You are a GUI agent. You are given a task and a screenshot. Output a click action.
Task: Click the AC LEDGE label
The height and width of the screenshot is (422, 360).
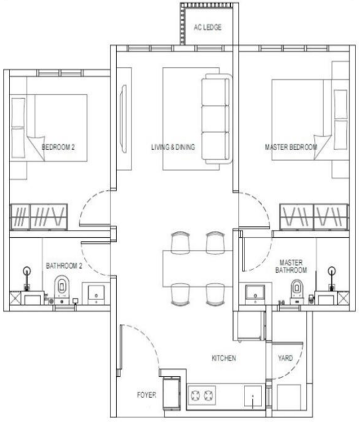pos(207,27)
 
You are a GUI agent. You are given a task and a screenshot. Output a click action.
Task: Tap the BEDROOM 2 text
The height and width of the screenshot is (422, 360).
pos(58,147)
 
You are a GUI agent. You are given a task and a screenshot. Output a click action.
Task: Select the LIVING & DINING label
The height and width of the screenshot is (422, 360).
pos(173,147)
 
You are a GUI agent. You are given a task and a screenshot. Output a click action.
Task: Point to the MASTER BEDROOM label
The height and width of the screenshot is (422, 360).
pos(291,147)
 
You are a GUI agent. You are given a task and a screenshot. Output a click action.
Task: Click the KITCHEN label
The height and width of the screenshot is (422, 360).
pos(224,358)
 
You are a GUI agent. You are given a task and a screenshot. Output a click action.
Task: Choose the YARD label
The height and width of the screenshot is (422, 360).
pos(285,358)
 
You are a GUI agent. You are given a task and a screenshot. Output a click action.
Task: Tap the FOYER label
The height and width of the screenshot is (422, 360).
pos(146,395)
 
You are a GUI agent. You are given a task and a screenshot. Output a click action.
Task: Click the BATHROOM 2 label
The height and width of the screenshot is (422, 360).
pos(64,266)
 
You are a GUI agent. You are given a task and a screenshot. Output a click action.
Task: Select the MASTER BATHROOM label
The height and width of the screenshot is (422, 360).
pos(291,266)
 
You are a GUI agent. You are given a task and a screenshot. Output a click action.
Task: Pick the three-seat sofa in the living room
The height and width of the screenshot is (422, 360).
pos(216,119)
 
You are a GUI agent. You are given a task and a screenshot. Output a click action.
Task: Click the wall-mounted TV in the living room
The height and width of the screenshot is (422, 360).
pos(124,119)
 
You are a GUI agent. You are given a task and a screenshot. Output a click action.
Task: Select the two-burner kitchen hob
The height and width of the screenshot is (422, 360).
pos(202,395)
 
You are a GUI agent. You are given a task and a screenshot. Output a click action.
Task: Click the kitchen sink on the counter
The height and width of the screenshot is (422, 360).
pos(253,396)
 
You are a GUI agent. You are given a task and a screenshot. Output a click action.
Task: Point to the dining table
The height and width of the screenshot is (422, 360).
pos(198,269)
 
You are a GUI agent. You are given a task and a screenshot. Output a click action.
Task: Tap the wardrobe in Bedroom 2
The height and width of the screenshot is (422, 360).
pos(39,217)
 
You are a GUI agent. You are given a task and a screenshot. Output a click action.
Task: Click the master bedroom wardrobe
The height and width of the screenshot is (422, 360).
pos(314,217)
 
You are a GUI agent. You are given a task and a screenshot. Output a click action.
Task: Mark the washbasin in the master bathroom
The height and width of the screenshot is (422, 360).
pos(255,293)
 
